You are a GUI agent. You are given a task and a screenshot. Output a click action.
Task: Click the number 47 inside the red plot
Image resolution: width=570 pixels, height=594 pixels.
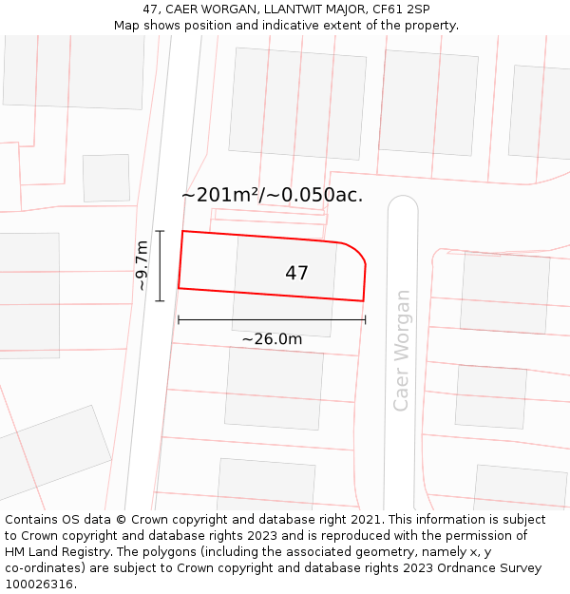click(296, 274)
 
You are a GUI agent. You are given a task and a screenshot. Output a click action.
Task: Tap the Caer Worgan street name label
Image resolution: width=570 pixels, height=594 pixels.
click(402, 350)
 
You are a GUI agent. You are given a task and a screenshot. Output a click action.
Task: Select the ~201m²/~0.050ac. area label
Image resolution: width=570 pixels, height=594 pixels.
click(272, 196)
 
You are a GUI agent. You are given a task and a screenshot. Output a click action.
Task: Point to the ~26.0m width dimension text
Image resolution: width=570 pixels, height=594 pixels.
click(272, 339)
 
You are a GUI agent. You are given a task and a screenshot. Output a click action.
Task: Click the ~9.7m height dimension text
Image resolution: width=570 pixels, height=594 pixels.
click(142, 266)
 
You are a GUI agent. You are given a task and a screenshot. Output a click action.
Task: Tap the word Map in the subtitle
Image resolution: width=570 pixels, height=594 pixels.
click(128, 25)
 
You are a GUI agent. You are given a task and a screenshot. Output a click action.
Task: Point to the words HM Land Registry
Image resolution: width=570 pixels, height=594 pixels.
click(57, 551)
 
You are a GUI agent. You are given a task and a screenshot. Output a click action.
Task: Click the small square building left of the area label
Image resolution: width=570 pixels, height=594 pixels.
click(106, 178)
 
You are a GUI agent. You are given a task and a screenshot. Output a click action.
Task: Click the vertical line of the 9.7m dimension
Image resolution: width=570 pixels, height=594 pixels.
click(160, 266)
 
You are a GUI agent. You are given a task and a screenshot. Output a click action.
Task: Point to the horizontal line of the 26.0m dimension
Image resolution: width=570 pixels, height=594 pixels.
click(272, 320)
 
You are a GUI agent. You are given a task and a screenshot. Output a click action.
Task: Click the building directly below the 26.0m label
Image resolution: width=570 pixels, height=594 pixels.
click(274, 388)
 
